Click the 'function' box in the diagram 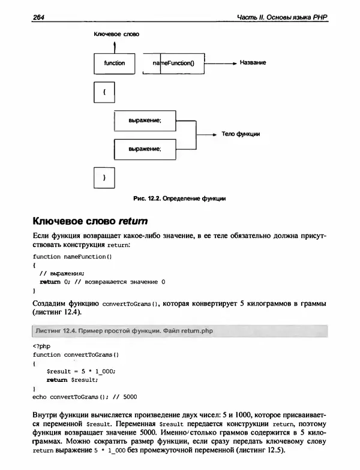pyautogui.click(x=115, y=62)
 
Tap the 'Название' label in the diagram pyautogui.click(x=253, y=62)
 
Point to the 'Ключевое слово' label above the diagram pyautogui.click(x=116, y=35)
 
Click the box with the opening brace pyautogui.click(x=104, y=93)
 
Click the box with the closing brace pyautogui.click(x=104, y=177)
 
